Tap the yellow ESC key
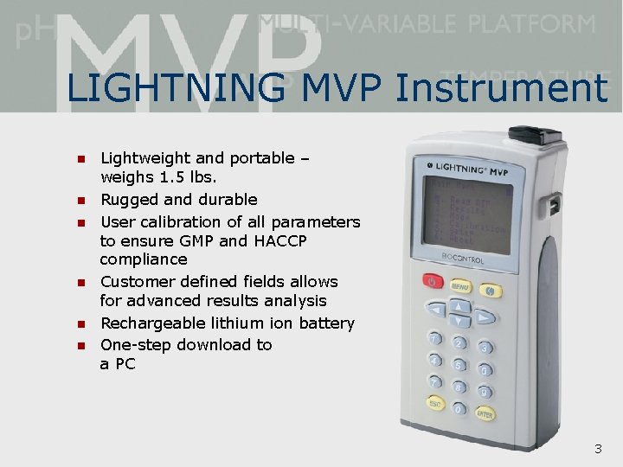tap(435, 404)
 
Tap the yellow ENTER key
tap(485, 414)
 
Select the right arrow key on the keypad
tap(485, 317)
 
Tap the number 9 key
tap(485, 392)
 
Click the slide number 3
tap(597, 449)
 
